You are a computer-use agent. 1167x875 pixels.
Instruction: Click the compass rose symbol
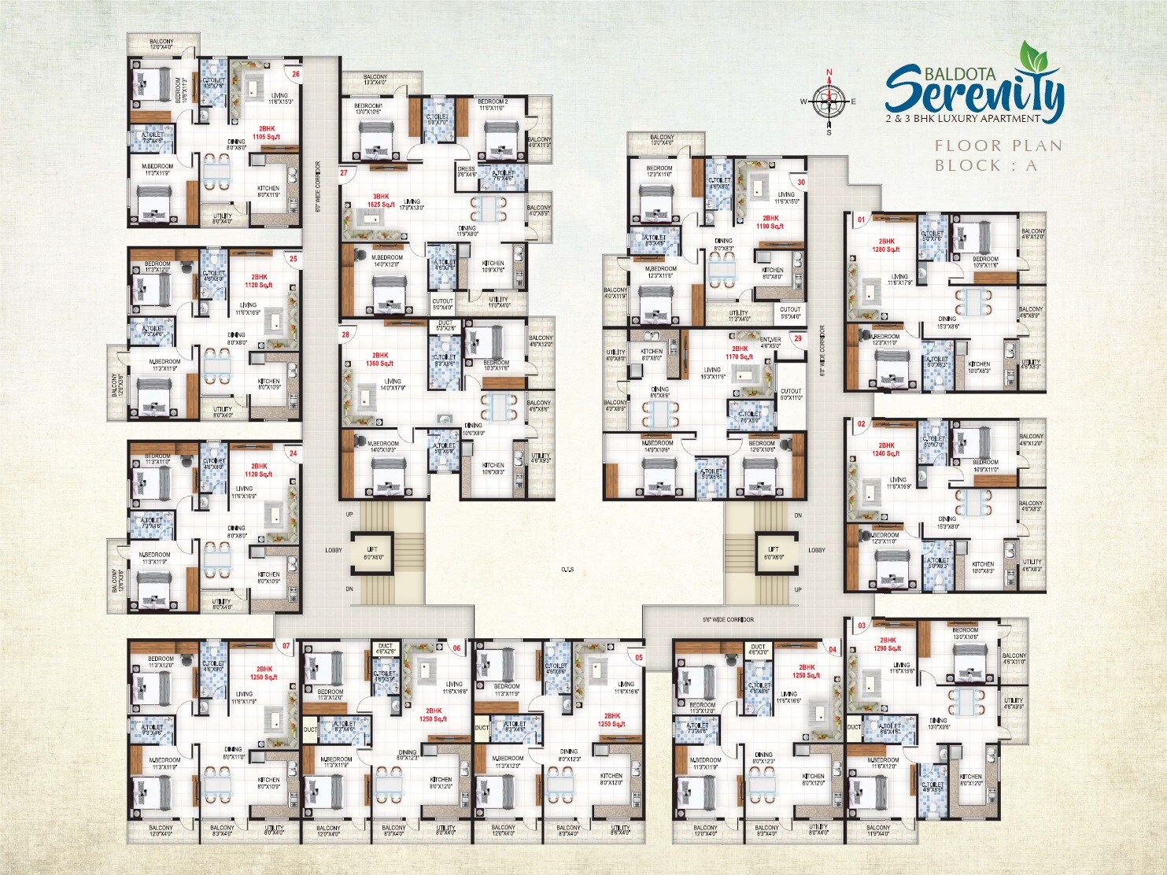(829, 101)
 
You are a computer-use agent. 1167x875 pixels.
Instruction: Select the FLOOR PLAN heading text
(999, 146)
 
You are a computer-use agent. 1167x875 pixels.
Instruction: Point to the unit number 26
(296, 75)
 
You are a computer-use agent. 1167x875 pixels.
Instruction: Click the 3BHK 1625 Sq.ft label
(381, 200)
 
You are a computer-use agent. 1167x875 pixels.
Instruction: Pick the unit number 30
(801, 182)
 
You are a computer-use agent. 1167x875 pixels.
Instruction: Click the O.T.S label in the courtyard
(567, 568)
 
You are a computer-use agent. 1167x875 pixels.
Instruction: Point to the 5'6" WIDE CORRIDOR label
(728, 619)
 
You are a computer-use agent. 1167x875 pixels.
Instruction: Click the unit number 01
(861, 220)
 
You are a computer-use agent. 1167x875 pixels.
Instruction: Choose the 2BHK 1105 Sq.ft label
(266, 132)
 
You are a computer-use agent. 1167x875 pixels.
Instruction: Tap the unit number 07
(286, 646)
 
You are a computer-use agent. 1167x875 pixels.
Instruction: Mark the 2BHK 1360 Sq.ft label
(380, 360)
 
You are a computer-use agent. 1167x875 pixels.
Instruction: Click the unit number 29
(797, 338)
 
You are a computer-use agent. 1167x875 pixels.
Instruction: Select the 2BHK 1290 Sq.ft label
(888, 644)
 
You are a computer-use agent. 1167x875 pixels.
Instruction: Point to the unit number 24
(293, 453)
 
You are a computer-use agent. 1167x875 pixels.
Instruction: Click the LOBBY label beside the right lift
(817, 550)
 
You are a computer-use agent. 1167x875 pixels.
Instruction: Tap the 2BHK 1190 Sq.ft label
(770, 222)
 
